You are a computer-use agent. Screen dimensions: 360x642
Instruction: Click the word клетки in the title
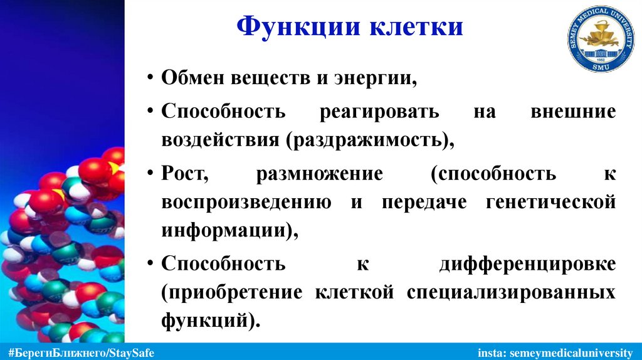pyautogui.click(x=416, y=28)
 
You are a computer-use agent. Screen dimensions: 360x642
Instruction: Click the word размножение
pyautogui.click(x=319, y=174)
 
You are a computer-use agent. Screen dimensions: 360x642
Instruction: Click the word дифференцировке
pyautogui.click(x=527, y=263)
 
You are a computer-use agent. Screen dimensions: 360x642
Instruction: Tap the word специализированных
pyautogui.click(x=511, y=292)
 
